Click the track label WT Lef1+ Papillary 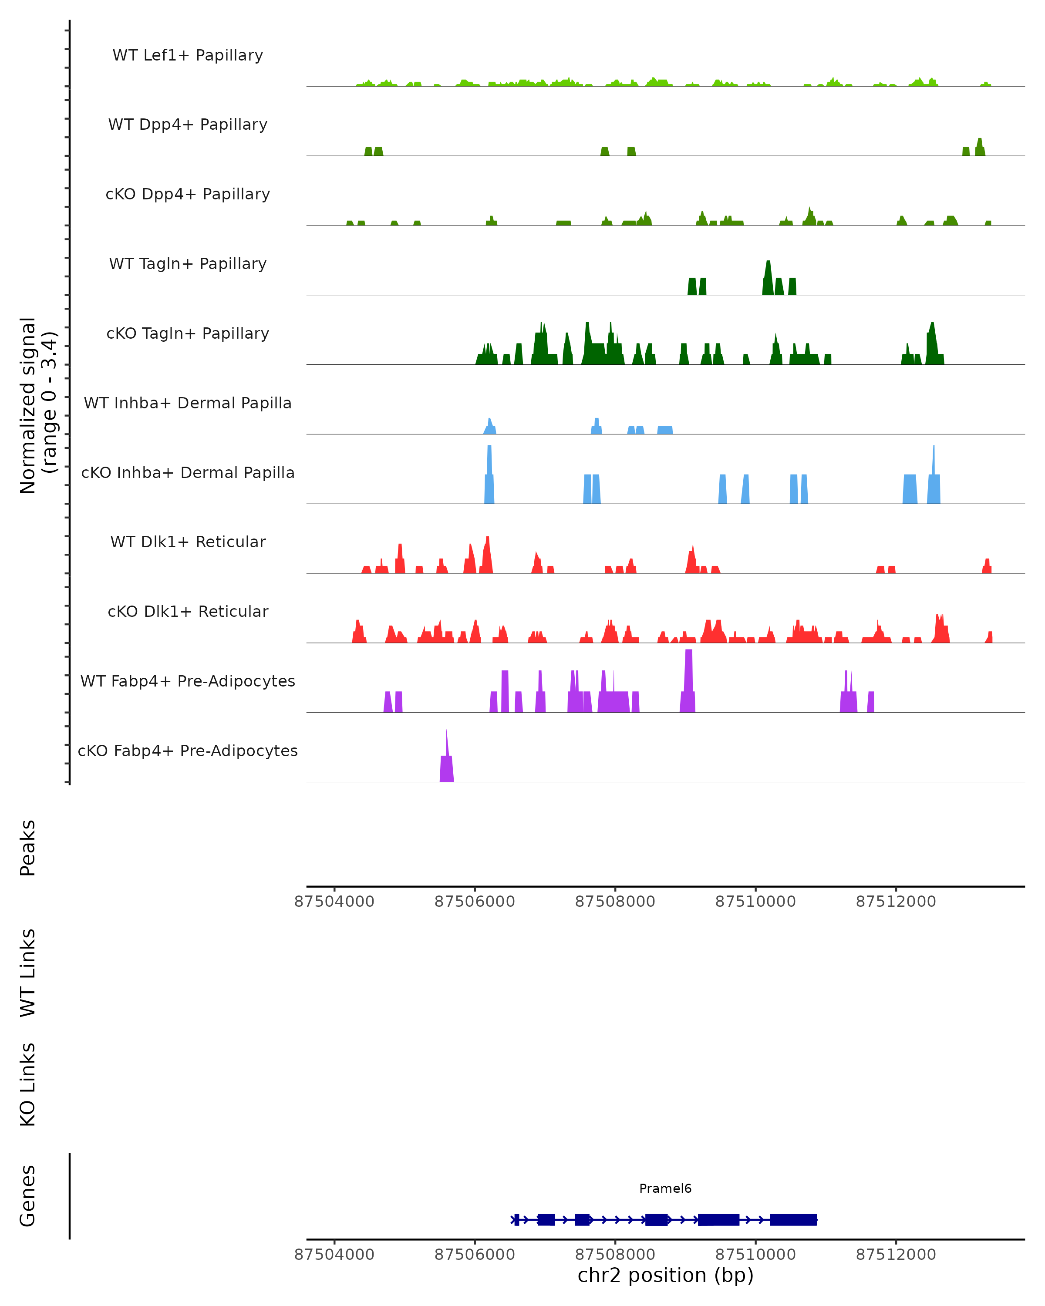point(188,55)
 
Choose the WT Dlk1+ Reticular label point(188,542)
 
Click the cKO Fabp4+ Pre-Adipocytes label point(188,751)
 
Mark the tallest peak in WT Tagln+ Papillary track point(768,279)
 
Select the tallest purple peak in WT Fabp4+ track point(688,681)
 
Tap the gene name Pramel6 point(665,1188)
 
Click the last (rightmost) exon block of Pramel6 point(793,1219)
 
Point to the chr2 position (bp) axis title point(665,1276)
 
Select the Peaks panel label point(28,848)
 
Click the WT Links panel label point(28,972)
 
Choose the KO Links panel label point(28,1084)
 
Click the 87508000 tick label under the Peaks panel point(615,902)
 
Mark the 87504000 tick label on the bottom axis point(334,1255)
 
